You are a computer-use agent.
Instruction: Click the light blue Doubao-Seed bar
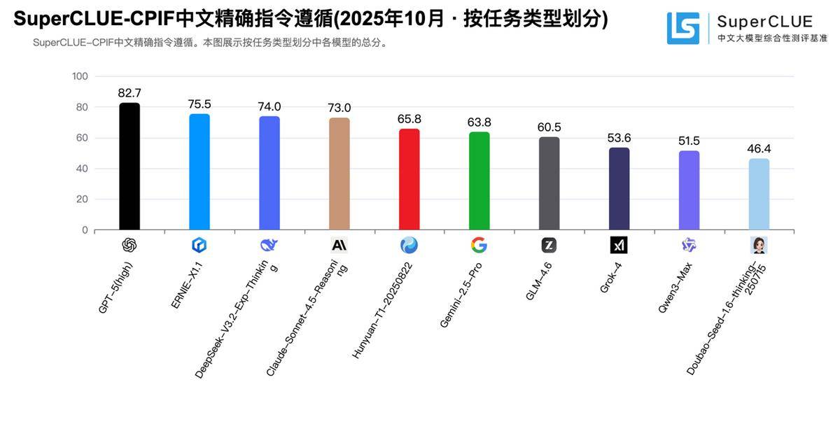coord(759,194)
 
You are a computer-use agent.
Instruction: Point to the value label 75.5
coord(199,104)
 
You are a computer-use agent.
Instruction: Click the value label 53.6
coord(619,138)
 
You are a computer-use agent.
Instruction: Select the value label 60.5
coord(549,127)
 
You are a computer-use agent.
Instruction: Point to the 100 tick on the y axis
coord(80,76)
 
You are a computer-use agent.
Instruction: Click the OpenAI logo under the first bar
coord(129,245)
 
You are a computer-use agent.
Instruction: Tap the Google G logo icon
coord(479,245)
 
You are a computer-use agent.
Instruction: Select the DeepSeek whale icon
coord(269,245)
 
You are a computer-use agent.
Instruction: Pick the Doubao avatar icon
coord(759,245)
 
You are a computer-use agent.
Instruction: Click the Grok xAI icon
coord(619,245)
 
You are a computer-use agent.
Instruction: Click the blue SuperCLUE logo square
coord(682,29)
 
